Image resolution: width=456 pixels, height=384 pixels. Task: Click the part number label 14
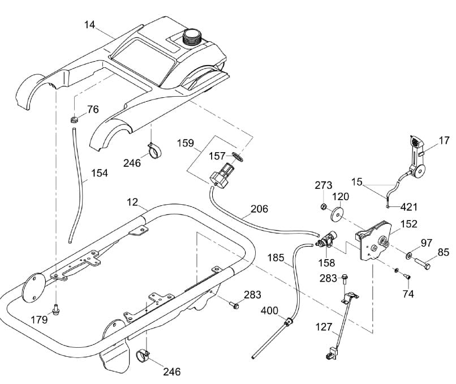90,25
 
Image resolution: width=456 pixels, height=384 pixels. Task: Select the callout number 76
93,109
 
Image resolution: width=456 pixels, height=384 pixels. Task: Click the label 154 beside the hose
99,174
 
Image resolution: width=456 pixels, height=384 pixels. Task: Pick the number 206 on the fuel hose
259,209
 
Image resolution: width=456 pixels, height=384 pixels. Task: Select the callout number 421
409,207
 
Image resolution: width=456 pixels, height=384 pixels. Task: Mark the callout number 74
408,294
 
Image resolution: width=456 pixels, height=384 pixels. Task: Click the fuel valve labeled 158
325,243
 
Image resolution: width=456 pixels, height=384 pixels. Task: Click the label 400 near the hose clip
269,310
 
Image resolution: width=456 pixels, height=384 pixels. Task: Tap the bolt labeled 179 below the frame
56,309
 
